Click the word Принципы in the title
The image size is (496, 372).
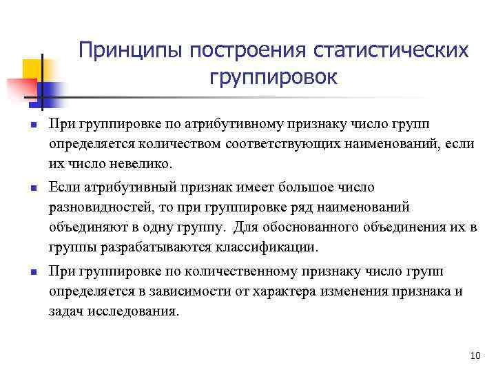[x=132, y=51]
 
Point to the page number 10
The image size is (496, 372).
[x=473, y=355]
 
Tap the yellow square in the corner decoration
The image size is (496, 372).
[x=32, y=69]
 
